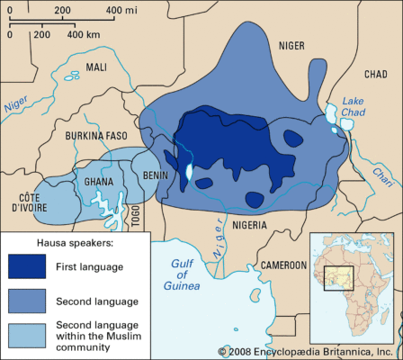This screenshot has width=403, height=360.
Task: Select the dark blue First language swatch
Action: (31, 267)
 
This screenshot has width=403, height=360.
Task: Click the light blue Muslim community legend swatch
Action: (31, 336)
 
